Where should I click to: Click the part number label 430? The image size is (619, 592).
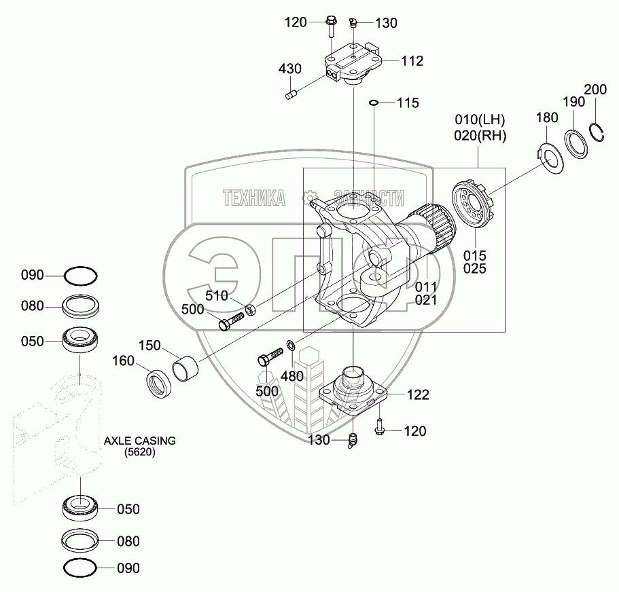coord(289,69)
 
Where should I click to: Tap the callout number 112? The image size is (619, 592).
coord(412,61)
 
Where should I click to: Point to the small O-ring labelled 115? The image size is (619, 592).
coord(373,103)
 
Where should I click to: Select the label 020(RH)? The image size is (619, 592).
coord(480,135)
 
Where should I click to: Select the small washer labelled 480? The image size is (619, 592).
coord(291,346)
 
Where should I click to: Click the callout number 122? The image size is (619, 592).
coord(418,394)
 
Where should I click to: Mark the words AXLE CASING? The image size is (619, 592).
coord(139,441)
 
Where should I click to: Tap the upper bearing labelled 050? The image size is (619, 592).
coord(79,339)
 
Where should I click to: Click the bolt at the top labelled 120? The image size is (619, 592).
coord(330,26)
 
